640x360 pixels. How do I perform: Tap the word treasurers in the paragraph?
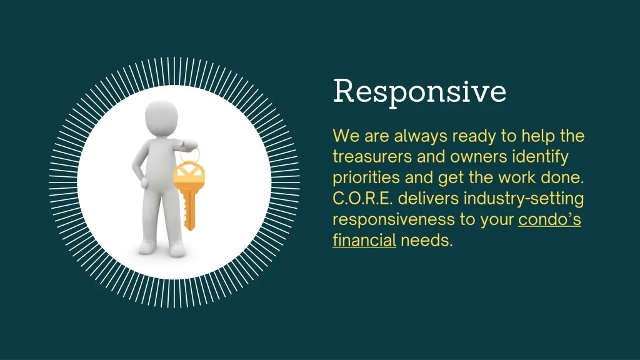pyautogui.click(x=372, y=157)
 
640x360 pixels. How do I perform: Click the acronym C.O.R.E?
pyautogui.click(x=362, y=198)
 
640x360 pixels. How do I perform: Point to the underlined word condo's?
pyautogui.click(x=549, y=219)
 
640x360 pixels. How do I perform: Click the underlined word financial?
pyautogui.click(x=364, y=240)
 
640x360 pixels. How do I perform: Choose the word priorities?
pyautogui.click(x=366, y=177)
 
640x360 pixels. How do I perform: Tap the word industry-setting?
pyautogui.click(x=524, y=199)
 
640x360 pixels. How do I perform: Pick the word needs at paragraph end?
pyautogui.click(x=426, y=241)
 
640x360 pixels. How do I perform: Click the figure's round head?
pyautogui.click(x=162, y=117)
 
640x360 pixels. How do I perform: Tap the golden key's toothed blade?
pyautogui.click(x=189, y=209)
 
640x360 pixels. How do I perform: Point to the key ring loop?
pyautogui.click(x=190, y=155)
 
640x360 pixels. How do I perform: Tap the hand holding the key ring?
pyautogui.click(x=189, y=144)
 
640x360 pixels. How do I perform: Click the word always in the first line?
pyautogui.click(x=421, y=136)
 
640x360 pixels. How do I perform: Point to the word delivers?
pyautogui.click(x=428, y=198)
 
